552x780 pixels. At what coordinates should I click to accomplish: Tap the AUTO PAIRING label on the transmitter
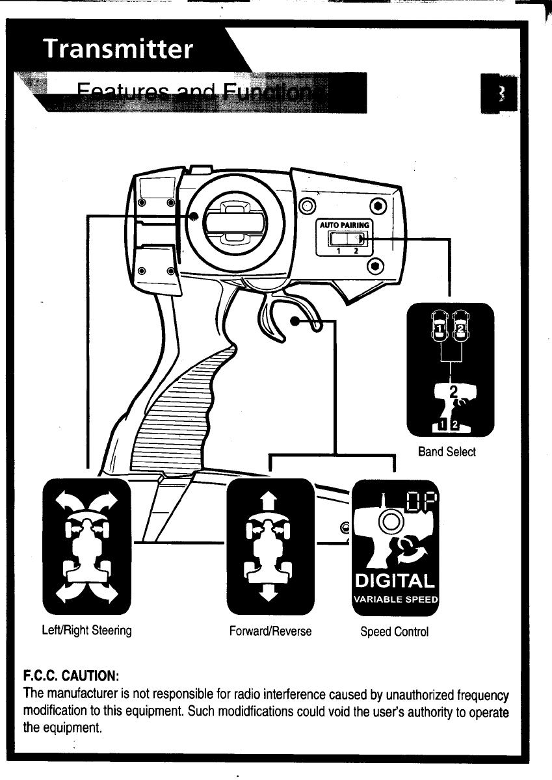point(344,226)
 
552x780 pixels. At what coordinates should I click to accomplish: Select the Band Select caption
point(447,452)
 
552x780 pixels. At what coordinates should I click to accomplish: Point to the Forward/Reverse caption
point(270,630)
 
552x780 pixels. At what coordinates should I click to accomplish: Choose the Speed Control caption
point(395,631)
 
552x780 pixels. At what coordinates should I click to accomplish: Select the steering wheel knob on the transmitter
point(236,222)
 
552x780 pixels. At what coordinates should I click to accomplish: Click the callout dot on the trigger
point(296,321)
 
